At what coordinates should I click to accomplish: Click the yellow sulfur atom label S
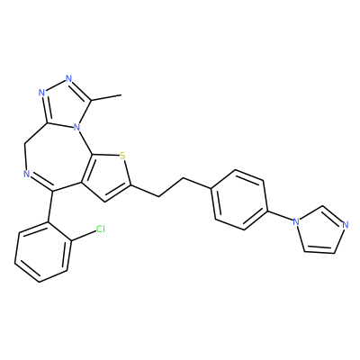121,156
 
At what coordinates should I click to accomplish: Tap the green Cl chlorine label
101,229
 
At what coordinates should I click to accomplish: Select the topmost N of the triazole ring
69,79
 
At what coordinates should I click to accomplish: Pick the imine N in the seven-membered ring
26,174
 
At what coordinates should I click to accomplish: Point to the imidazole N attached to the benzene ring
296,222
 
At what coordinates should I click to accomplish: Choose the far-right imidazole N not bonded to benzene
345,224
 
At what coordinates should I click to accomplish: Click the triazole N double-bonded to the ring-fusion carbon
41,93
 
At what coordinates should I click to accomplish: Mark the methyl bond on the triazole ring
106,98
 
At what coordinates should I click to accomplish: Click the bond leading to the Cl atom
83,236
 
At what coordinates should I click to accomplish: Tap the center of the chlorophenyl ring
42,252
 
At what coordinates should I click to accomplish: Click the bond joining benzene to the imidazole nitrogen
280,216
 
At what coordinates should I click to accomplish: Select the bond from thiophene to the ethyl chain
145,191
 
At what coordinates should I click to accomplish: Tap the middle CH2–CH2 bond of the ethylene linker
171,188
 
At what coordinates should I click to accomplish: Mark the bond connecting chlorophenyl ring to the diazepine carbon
50,206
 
